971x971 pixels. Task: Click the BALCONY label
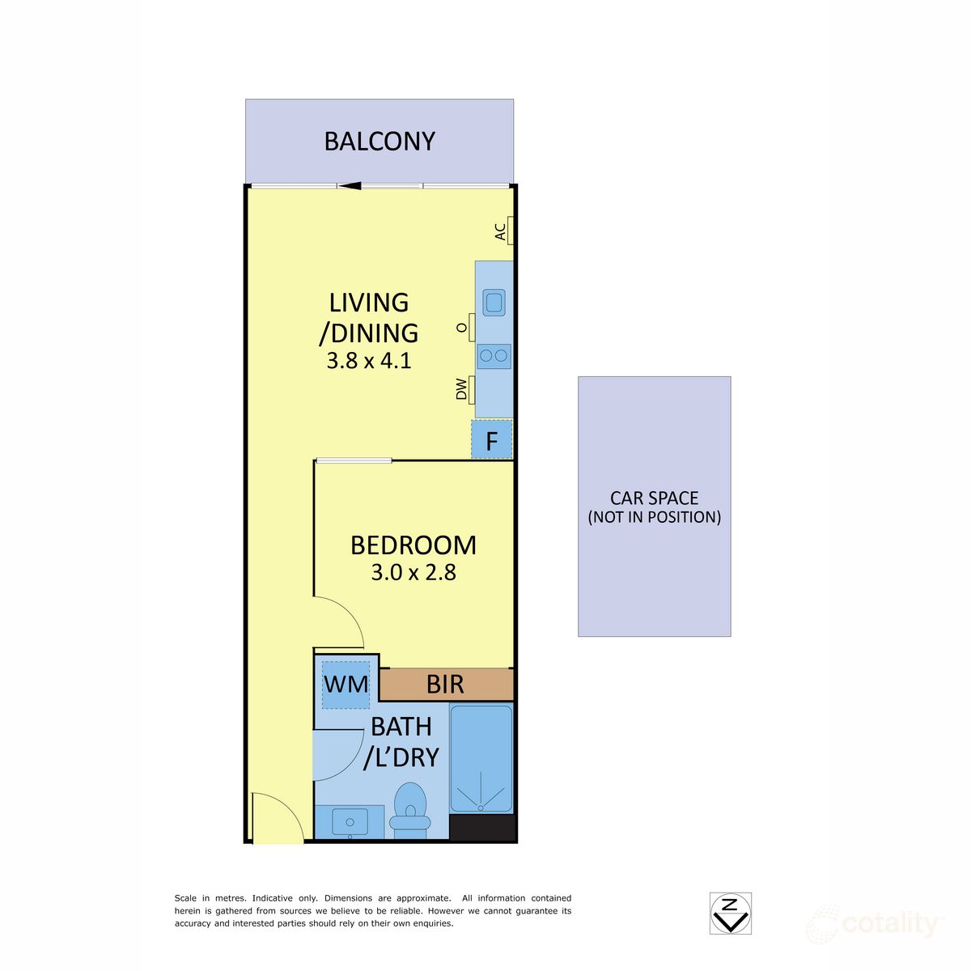[379, 142]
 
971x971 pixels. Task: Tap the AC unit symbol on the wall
[510, 231]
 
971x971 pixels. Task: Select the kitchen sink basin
[494, 303]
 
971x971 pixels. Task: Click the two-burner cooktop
[494, 356]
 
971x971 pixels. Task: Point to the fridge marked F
[491, 439]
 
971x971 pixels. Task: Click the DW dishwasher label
[461, 389]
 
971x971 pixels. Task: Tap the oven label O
[461, 328]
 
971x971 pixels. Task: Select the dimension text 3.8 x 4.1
[369, 361]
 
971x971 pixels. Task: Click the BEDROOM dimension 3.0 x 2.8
[413, 572]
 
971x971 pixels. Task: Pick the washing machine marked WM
[346, 685]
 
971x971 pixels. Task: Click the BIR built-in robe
[446, 685]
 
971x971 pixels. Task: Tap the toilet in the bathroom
[410, 811]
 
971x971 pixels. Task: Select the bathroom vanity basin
[350, 822]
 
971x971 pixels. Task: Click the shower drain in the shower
[480, 808]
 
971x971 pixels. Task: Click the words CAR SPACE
[654, 498]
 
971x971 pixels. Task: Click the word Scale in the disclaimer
[185, 898]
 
